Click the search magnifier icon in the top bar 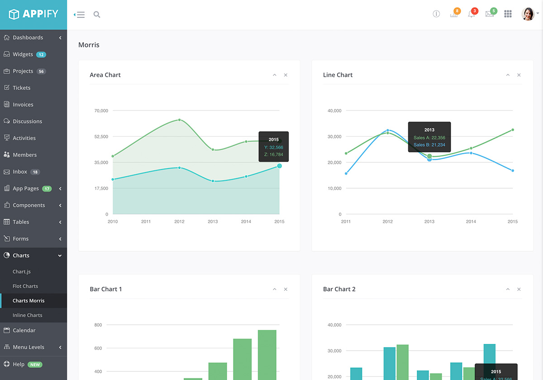coord(97,14)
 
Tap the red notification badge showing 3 coord(475,11)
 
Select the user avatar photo coord(528,14)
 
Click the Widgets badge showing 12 coord(41,55)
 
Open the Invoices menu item coord(23,104)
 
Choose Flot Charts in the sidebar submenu coord(25,286)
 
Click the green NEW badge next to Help coord(35,365)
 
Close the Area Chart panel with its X coord(286,75)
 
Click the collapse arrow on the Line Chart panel coord(508,75)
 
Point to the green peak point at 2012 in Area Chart coord(179,120)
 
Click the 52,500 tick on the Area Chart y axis coord(101,137)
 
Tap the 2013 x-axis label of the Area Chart coord(213,222)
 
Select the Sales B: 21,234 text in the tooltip coord(429,145)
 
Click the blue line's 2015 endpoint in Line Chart coord(513,171)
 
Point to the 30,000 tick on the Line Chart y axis coord(334,137)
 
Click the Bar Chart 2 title coord(339,289)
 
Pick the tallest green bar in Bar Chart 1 coord(267,355)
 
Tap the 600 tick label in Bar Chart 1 coord(98,348)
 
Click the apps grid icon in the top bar coord(508,14)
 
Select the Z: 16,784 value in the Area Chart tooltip coord(274,155)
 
